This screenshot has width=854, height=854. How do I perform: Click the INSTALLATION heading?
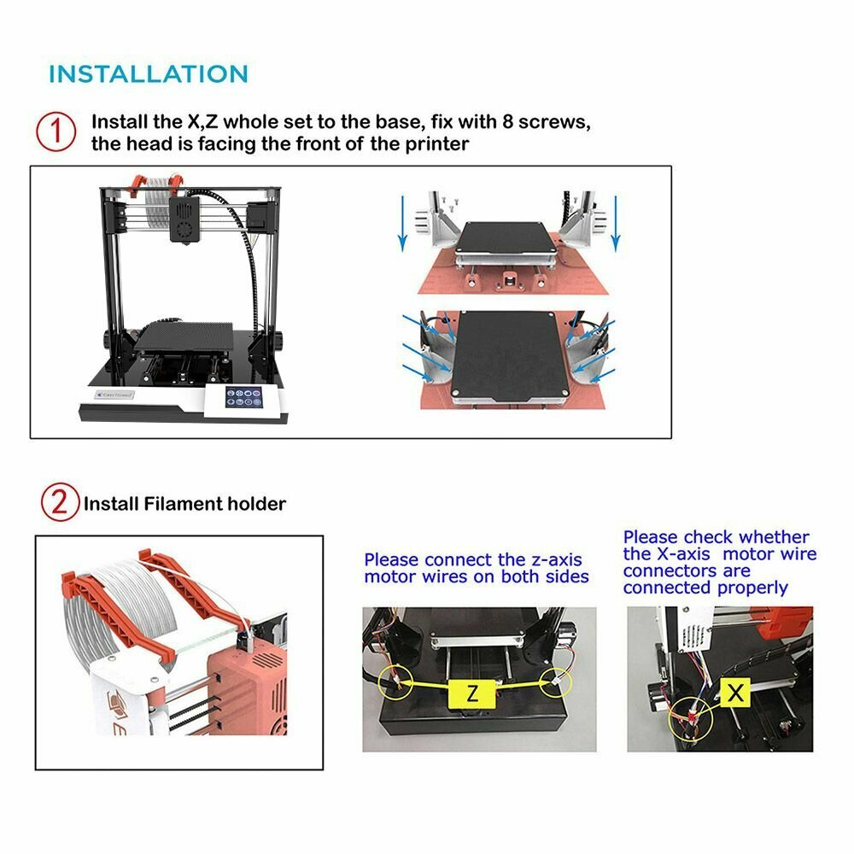coord(148,74)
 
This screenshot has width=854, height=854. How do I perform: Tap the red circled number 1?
coord(56,132)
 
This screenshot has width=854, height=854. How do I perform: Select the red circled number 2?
coord(60,501)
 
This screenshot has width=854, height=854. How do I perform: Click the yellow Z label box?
coord(472,693)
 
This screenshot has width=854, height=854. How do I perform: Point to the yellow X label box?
coord(735,693)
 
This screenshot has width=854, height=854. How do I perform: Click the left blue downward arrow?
coord(402,223)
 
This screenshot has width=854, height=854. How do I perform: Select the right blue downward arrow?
coord(616,223)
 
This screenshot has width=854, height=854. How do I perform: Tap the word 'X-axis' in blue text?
coord(683,554)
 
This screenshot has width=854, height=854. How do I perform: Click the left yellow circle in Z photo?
coord(395,681)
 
